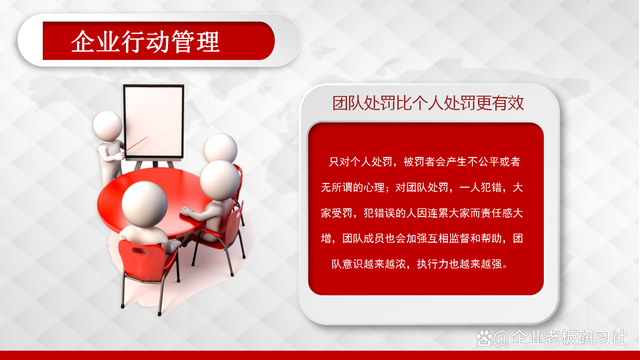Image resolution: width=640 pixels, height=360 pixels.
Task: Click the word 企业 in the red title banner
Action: (91, 43)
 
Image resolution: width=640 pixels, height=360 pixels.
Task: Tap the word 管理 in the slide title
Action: (196, 43)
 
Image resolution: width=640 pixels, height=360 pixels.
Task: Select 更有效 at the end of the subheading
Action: (505, 103)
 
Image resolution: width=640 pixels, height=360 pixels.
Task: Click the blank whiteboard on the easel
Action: (152, 120)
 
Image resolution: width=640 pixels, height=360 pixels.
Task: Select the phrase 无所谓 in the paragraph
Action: (343, 187)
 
